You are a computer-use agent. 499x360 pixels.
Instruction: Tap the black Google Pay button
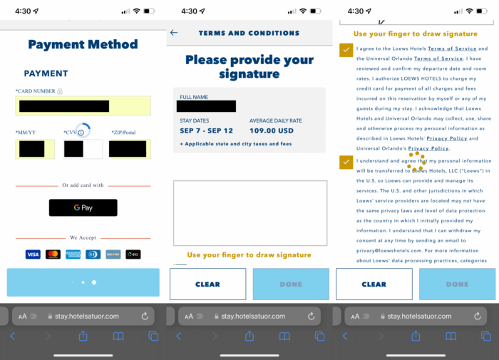tap(83, 208)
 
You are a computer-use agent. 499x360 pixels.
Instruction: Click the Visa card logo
tap(33, 254)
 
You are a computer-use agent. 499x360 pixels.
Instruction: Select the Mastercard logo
tap(53, 254)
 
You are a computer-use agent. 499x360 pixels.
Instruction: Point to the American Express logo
tap(73, 254)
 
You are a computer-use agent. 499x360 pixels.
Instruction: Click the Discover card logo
tap(113, 254)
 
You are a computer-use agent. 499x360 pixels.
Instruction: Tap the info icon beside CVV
tap(81, 133)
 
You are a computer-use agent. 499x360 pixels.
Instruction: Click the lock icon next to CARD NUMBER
tap(60, 91)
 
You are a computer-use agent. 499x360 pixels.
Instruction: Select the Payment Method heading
tap(83, 44)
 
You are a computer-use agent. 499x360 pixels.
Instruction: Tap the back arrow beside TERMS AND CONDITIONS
tap(174, 33)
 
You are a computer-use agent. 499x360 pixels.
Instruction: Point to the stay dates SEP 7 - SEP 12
tap(205, 131)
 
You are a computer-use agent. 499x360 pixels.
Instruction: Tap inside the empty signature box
tap(249, 212)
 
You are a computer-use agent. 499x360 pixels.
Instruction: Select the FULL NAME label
tap(193, 97)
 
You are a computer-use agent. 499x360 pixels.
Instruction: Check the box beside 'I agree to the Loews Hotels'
tap(345, 50)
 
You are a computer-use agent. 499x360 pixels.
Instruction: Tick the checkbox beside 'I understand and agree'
tap(345, 163)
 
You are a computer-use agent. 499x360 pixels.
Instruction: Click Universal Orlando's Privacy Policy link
tap(428, 148)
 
